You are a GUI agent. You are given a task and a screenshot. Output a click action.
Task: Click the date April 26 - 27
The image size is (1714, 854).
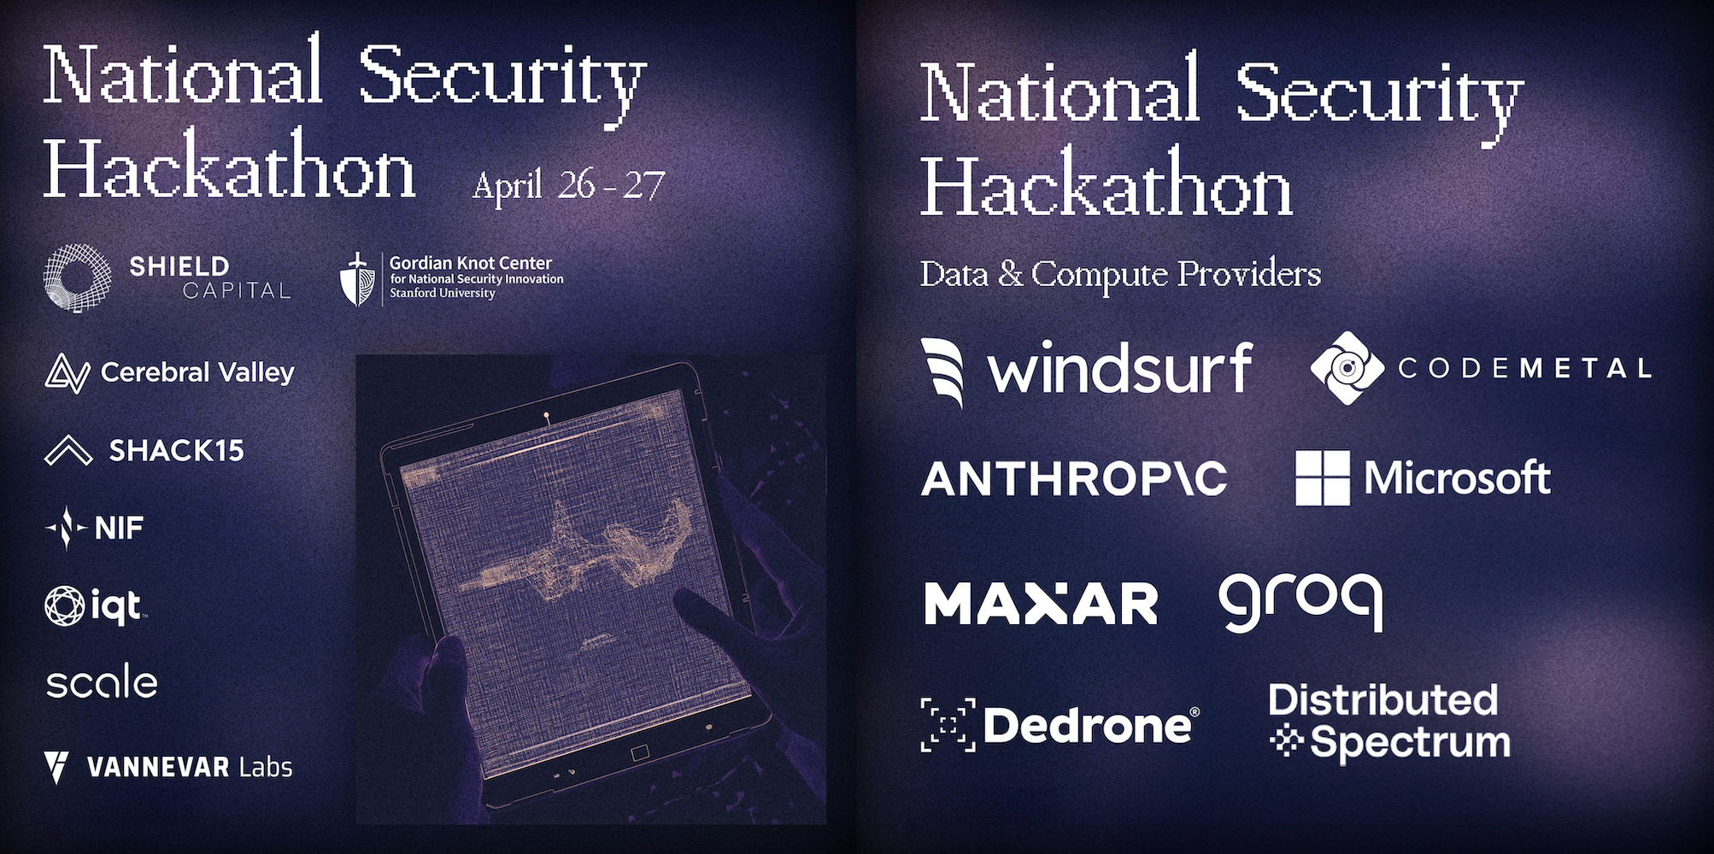pos(568,185)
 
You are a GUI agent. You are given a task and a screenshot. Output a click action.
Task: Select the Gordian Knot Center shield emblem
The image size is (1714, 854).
pos(357,279)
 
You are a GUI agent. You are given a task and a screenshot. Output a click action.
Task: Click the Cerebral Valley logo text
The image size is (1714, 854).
pos(197,372)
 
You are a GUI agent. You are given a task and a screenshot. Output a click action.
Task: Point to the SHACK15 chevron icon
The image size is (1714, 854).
pos(68,450)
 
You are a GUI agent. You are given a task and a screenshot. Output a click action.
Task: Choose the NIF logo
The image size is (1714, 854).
pos(94,528)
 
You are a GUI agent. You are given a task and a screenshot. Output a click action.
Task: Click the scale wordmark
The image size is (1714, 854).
pos(102,681)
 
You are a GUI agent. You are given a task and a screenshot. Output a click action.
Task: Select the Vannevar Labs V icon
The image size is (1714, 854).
pos(56,766)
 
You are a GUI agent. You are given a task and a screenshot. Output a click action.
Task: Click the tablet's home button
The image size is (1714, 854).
pos(640,753)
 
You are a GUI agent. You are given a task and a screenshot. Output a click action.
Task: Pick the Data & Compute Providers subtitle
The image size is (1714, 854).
pos(1120,274)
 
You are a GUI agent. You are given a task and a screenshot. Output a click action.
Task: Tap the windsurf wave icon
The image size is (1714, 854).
pos(943,371)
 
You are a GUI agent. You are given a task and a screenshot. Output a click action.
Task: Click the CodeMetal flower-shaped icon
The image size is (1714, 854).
pos(1347,368)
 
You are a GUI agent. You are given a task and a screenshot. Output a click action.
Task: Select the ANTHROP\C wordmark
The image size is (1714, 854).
pos(1074,478)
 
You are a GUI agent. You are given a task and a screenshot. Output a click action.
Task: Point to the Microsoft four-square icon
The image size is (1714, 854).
pos(1323,478)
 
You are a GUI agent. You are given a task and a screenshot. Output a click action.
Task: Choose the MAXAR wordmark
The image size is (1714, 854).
pos(1041,604)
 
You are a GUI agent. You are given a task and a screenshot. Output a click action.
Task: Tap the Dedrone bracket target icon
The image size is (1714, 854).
pos(948,725)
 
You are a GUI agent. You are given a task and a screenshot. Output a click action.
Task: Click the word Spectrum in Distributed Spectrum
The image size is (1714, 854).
pos(1410,742)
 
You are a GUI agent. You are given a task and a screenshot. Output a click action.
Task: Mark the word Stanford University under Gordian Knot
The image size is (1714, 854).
pos(443,293)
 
